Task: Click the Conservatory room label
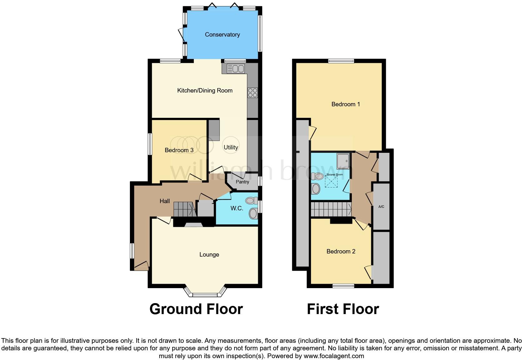point(222,35)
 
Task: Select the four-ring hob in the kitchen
point(253,93)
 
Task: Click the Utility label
point(231,147)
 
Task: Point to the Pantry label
point(242,182)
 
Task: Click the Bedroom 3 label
point(179,150)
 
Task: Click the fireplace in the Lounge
point(194,224)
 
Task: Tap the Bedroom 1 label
point(346,104)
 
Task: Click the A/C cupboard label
point(381,207)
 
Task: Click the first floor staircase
point(331,209)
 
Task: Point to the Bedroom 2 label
point(341,252)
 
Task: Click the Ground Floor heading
point(196,309)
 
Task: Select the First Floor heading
point(343,309)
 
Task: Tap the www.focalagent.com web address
point(334,356)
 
